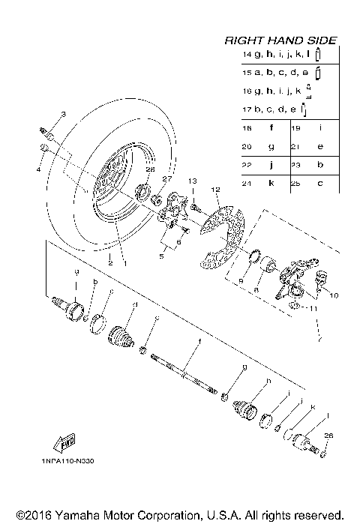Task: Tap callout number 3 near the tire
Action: pos(63,114)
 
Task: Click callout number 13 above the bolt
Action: pos(191,181)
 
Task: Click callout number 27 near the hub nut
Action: pos(168,179)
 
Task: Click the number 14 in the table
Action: pos(246,55)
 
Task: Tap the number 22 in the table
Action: pos(246,165)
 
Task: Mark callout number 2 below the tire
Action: pos(109,262)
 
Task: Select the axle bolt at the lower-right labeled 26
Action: pos(323,451)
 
